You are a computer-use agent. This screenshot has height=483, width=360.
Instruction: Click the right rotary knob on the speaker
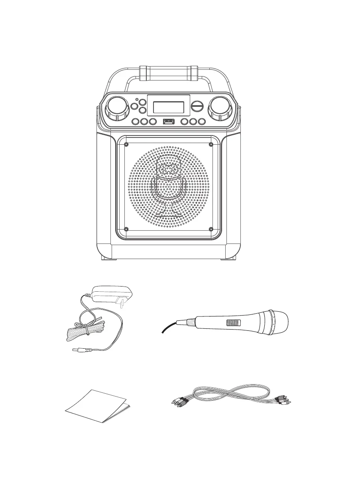pos(218,107)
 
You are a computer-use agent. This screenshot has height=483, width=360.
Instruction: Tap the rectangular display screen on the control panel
pos(168,107)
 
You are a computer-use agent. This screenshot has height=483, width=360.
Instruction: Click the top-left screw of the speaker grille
pos(126,144)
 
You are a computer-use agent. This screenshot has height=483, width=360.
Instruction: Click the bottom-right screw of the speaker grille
pos(211,229)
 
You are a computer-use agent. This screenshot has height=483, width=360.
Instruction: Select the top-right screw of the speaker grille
pos(211,144)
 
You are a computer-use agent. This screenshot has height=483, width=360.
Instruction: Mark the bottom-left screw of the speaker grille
pos(126,229)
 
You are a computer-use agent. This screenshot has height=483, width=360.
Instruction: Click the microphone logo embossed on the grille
pos(168,185)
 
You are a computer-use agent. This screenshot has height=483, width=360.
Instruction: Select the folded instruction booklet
pos(98,406)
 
